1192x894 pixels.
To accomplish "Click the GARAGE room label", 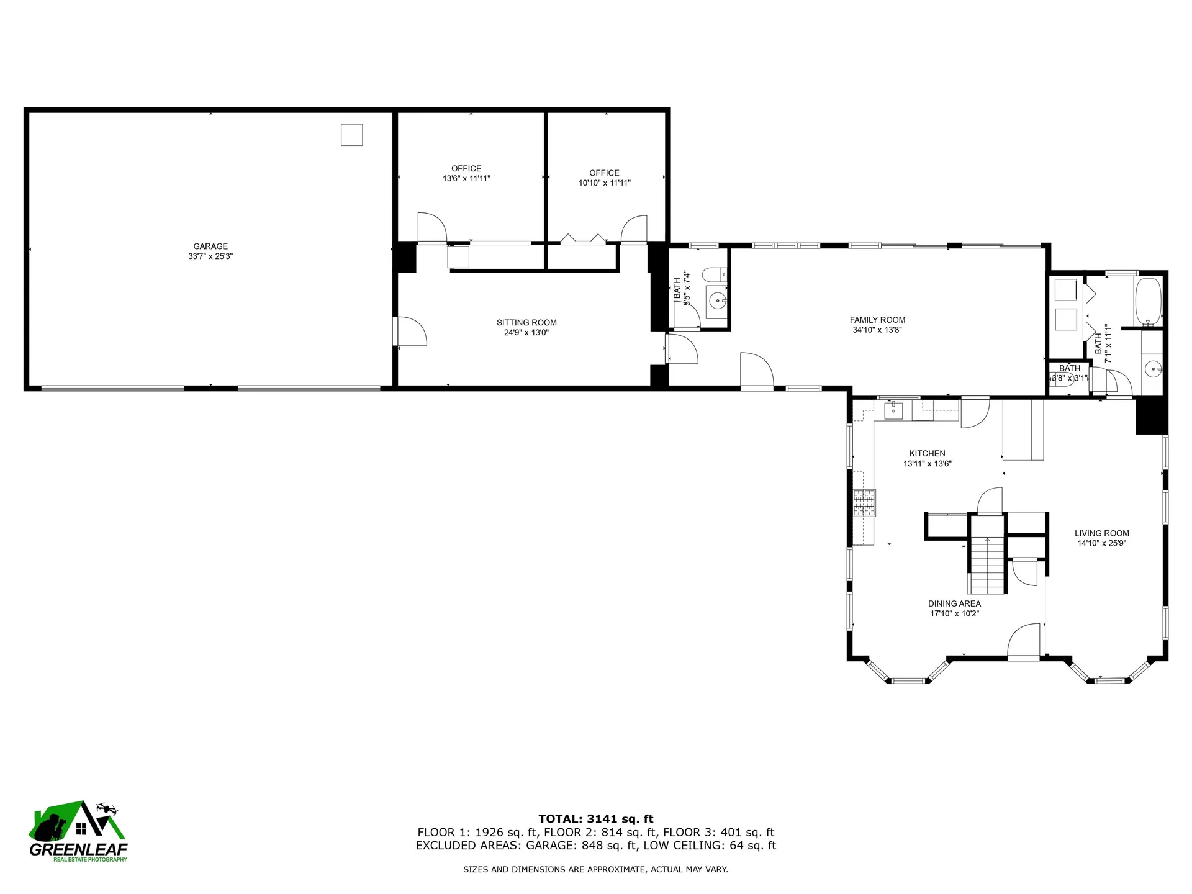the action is click(210, 246).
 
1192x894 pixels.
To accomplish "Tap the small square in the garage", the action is click(351, 135).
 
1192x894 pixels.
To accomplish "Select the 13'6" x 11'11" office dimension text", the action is click(466, 179).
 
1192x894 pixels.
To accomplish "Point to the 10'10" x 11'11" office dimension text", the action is click(604, 183).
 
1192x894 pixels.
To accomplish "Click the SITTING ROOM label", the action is click(526, 323).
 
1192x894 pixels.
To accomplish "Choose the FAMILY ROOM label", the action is click(877, 320).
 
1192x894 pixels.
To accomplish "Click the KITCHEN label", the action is click(928, 454).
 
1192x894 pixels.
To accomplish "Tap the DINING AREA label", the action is click(954, 603).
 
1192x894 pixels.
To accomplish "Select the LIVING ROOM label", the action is click(1101, 533).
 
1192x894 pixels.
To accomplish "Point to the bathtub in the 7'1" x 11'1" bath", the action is click(1148, 302).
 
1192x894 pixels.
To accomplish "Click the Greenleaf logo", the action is click(79, 831).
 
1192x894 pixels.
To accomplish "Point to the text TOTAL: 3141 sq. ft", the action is click(595, 819).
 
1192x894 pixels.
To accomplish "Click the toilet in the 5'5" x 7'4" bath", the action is click(716, 274).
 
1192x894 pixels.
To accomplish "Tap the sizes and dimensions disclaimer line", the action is click(595, 870).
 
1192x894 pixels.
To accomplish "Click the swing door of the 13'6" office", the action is click(432, 227).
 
